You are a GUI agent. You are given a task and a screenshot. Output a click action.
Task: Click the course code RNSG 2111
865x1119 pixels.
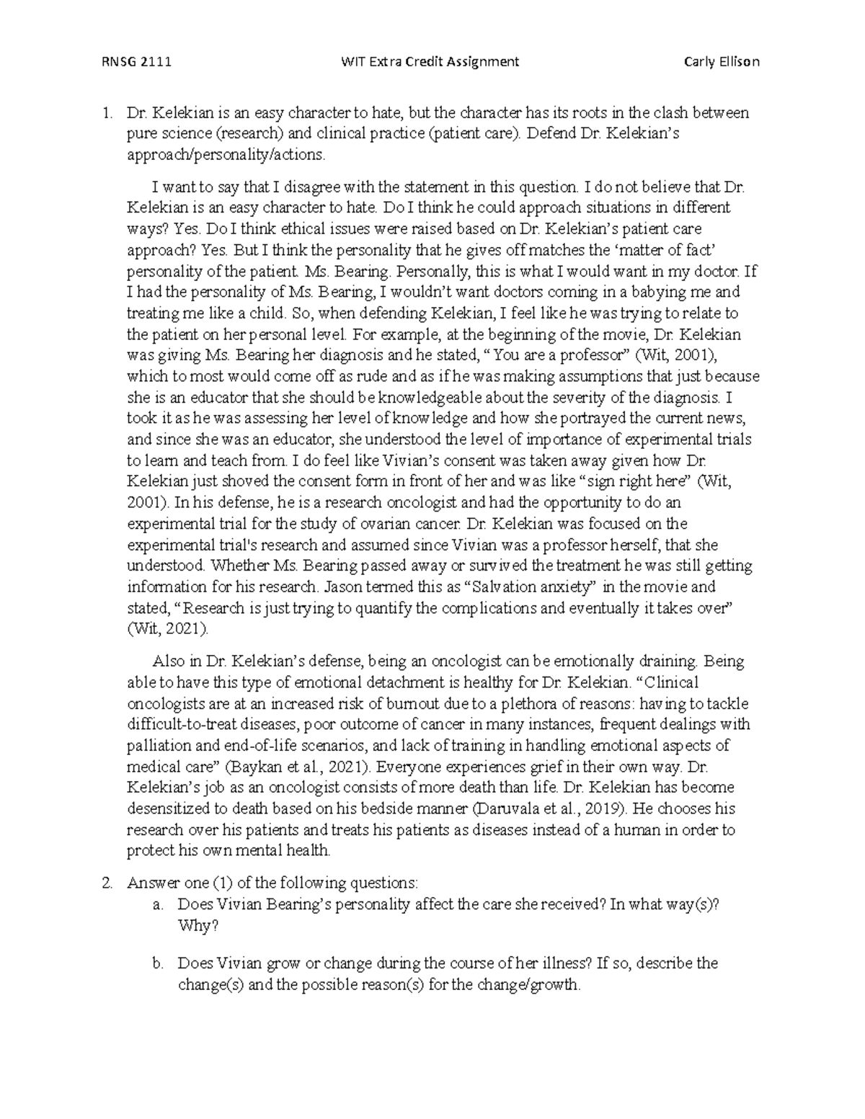[x=136, y=62]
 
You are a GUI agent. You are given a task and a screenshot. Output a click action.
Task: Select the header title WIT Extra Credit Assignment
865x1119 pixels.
[x=430, y=62]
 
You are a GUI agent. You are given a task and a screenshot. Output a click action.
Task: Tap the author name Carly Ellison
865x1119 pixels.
[x=722, y=62]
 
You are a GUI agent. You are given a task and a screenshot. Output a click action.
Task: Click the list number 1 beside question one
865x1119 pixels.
[x=107, y=113]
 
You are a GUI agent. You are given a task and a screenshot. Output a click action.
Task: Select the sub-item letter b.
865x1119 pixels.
[x=157, y=963]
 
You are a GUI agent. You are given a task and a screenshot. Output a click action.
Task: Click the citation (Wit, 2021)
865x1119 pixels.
[x=167, y=629]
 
